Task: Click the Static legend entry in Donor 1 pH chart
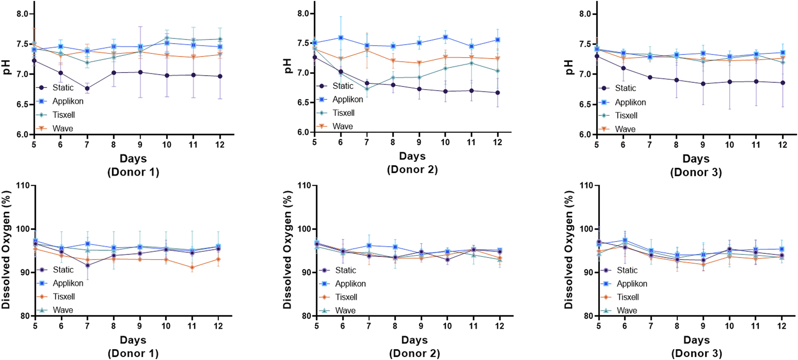(63, 88)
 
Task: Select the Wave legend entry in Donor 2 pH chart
(342, 127)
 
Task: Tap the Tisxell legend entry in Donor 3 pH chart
(626, 116)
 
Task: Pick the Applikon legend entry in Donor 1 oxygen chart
(68, 283)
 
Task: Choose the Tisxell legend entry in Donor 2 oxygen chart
(346, 297)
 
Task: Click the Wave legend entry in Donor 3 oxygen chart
(626, 310)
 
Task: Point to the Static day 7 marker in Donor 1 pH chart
(87, 88)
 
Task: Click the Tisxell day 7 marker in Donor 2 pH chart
(367, 89)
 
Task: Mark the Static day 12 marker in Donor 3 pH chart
(783, 82)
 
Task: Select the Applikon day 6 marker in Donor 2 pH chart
(340, 37)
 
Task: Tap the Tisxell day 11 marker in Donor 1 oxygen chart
(192, 267)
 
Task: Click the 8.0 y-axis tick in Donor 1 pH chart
(22, 14)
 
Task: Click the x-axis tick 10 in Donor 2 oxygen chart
(447, 326)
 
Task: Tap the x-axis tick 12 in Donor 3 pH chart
(783, 145)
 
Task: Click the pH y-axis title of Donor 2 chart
(288, 66)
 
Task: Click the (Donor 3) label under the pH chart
(696, 172)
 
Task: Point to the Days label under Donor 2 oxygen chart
(414, 340)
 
